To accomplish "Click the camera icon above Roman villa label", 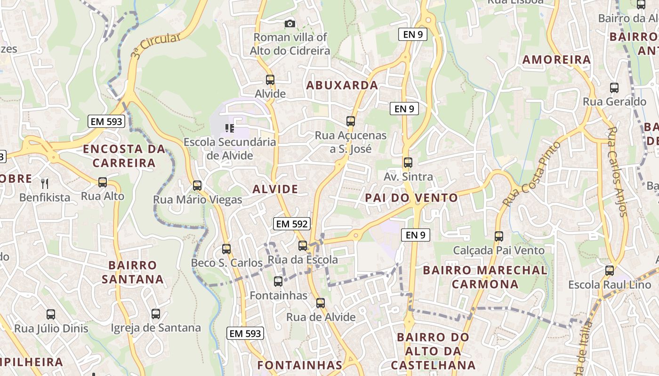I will point(290,23).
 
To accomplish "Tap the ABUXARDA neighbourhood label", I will point(342,85).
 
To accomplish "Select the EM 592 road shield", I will point(292,224).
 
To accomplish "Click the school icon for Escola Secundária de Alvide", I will point(230,128).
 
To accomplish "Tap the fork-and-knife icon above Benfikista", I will point(45,183).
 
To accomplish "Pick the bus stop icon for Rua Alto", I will point(103,182).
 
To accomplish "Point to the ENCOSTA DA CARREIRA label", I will point(124,156).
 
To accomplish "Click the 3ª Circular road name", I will point(155,45).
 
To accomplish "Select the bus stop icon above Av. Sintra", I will point(408,163).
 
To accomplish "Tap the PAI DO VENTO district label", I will point(411,198).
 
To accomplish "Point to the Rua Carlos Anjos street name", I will point(618,171).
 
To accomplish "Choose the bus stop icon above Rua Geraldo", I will point(614,88).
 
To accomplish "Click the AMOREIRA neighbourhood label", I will point(556,60).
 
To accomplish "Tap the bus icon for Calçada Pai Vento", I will point(499,236).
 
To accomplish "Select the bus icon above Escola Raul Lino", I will point(610,271).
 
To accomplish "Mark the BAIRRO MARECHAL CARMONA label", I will point(485,277).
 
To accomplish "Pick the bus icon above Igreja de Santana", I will point(156,314).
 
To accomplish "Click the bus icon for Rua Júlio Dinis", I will point(51,314).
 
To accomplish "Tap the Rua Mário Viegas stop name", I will point(198,200).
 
